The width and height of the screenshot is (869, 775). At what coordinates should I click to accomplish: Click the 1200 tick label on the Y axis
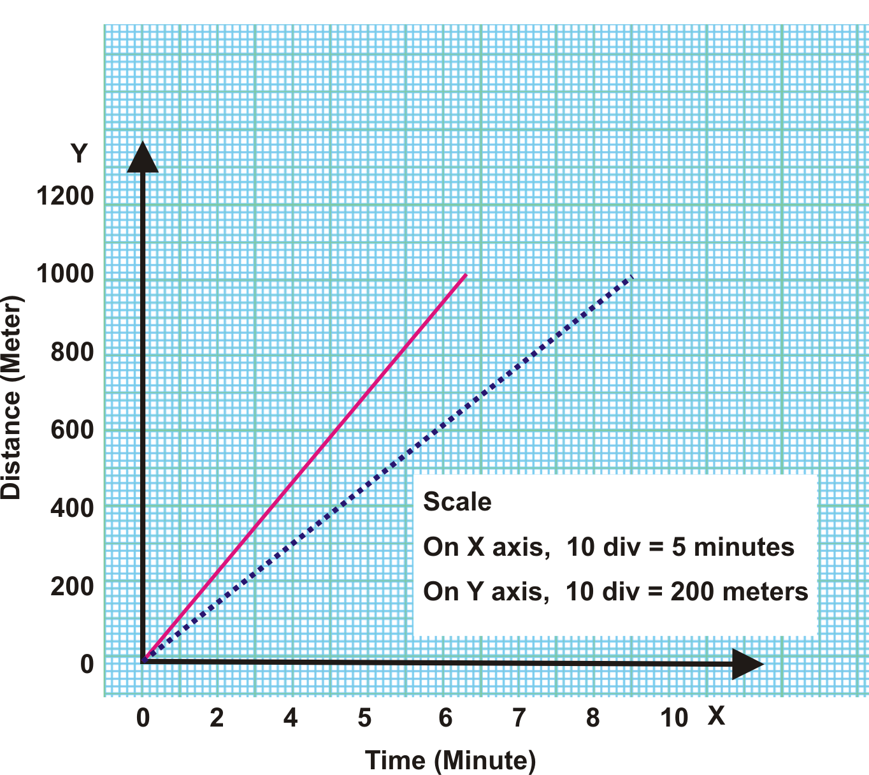(x=65, y=196)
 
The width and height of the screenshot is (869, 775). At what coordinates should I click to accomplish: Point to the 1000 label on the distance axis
(x=65, y=274)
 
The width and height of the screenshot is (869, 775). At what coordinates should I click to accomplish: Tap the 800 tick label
(x=72, y=352)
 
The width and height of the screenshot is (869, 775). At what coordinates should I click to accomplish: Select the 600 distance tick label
(x=72, y=430)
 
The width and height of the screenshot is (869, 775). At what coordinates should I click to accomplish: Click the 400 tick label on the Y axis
(x=72, y=508)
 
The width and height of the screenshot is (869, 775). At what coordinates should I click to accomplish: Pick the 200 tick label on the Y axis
(x=72, y=586)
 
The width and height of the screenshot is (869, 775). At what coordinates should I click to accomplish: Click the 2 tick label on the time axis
(x=217, y=718)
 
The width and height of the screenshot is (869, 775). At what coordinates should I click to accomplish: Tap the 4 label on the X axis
(x=291, y=718)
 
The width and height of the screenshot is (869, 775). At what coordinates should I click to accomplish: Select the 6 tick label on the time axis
(x=445, y=718)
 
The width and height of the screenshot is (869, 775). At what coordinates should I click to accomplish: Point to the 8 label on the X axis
(x=592, y=718)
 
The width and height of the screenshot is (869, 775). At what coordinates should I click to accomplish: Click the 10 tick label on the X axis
(x=673, y=718)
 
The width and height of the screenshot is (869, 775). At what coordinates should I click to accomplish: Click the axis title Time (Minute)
(x=450, y=760)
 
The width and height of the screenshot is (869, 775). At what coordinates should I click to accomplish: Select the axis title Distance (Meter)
(x=11, y=397)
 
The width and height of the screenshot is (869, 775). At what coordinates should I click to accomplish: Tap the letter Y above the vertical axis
(x=78, y=154)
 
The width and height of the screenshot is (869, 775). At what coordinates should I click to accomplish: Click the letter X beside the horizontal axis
(x=716, y=716)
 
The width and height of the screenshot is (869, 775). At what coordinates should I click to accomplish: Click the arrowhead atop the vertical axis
(x=143, y=157)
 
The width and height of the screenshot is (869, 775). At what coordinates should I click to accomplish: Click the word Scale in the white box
(x=457, y=502)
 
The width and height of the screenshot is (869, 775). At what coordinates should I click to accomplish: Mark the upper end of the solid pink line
(x=466, y=275)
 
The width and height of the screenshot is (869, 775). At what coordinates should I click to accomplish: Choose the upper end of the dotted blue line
(x=631, y=277)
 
